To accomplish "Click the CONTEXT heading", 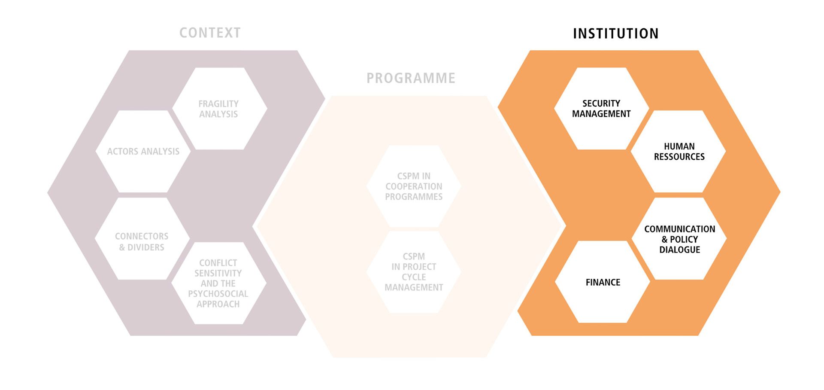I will (210, 33).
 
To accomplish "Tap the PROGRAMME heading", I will (411, 78).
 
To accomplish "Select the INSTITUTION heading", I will (615, 34).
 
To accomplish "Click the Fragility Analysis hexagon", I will (219, 109).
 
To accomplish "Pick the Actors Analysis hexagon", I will (143, 152).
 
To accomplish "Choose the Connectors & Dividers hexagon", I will (142, 239).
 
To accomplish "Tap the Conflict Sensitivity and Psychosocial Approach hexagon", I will (218, 283).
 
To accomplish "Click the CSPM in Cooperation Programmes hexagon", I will (414, 186).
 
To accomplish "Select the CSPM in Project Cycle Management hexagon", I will (414, 272).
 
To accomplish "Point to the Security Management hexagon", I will (601, 109).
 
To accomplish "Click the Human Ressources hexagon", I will (679, 152).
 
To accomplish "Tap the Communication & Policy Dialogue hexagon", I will (679, 239).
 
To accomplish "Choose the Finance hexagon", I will (603, 282).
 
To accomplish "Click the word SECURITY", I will (601, 104).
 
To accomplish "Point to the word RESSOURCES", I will (679, 157).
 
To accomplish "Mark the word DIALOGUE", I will (679, 250).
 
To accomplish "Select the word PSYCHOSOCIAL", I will (218, 294).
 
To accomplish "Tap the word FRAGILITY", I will (218, 104).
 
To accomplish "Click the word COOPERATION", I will (414, 186).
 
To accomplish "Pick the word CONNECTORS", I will (142, 236).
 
